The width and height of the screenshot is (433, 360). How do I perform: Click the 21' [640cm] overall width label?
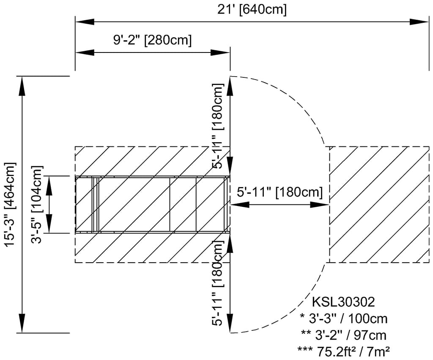coord(252,10)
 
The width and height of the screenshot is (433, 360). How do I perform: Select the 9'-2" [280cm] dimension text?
coord(152,40)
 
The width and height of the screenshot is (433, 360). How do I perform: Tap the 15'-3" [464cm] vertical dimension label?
coord(10,205)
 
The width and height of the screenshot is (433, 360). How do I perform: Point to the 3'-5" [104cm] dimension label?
coord(37,205)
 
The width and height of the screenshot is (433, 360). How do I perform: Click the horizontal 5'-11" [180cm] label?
coord(280,192)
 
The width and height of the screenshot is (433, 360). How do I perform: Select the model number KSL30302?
coord(343,302)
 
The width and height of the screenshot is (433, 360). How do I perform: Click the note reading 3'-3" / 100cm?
coord(343,319)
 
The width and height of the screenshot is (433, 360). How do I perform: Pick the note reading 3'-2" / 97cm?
coord(343,335)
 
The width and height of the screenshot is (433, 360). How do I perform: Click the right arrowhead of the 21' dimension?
coord(419,22)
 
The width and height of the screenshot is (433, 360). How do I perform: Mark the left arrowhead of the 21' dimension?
coord(85,22)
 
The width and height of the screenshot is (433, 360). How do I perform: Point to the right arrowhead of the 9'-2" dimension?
coord(220,52)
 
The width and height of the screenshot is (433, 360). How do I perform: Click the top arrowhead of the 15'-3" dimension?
coord(22,86)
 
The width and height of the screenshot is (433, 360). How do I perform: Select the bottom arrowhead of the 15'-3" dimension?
coord(22,323)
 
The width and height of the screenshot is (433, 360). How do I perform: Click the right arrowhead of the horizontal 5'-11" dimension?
coord(320,205)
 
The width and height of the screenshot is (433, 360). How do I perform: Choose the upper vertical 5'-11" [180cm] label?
coord(218,126)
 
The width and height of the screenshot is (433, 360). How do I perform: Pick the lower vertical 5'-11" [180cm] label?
coord(218,283)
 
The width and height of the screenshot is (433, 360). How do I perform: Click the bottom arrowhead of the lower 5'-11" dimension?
coord(230,323)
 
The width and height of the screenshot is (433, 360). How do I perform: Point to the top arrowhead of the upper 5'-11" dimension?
coord(230,86)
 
